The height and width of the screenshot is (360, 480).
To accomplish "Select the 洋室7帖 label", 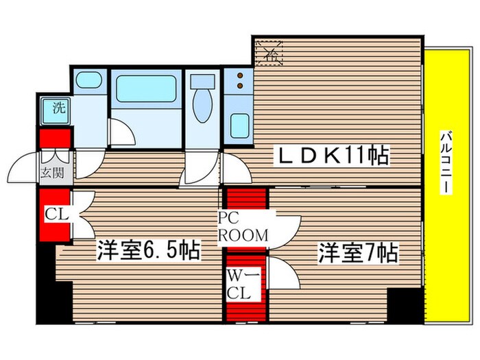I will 357,254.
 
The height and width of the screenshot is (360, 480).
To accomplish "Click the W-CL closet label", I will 241,286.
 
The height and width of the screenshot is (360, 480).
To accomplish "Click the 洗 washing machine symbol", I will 52,108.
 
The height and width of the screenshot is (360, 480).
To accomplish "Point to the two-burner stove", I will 240,81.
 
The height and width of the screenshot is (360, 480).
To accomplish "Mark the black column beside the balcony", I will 405,302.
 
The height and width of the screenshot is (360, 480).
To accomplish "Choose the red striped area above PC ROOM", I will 245,200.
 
